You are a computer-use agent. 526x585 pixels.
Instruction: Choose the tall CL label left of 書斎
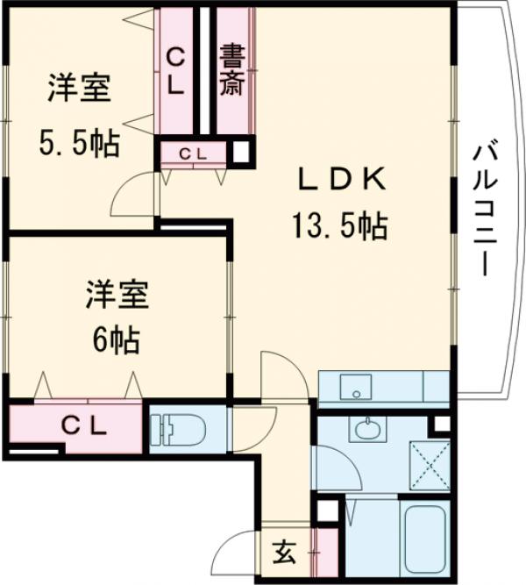(176, 72)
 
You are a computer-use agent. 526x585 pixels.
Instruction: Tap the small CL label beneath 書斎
(194, 153)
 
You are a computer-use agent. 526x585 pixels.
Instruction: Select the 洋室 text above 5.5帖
(79, 91)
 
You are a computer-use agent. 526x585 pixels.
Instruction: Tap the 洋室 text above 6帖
(117, 293)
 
